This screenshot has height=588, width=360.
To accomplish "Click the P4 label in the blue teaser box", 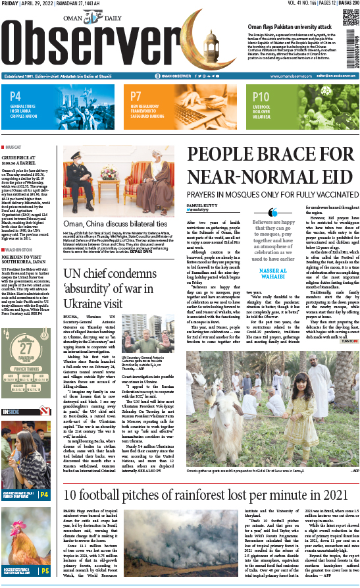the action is pyautogui.click(x=16, y=97).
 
